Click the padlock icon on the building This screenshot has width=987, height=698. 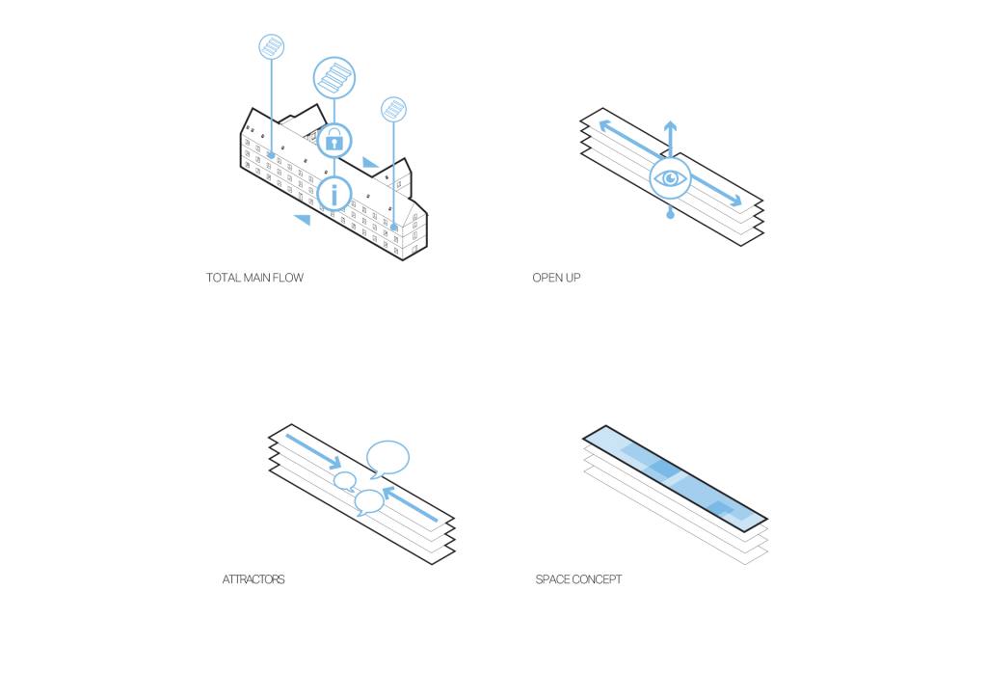pos(334,141)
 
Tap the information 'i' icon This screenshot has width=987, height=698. pos(334,194)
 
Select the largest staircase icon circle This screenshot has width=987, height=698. pos(334,78)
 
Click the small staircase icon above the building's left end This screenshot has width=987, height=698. pos(272,46)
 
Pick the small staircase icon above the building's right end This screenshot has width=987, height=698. pos(393,109)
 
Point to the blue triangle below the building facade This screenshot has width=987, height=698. pos(302,220)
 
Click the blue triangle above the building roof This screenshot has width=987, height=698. pos(370,162)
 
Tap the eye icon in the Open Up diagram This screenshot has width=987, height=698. pos(671,178)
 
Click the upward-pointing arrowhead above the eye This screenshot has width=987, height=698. pos(670,126)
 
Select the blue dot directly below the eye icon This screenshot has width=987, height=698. pos(671,215)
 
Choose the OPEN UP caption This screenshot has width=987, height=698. pos(556,278)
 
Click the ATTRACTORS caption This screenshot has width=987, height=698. pos(253,579)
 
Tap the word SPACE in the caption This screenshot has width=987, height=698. pos(552,579)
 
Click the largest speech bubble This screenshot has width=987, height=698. pos(388,457)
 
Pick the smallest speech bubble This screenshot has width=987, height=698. pos(344,481)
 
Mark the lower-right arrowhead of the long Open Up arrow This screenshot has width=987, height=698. pos(736,201)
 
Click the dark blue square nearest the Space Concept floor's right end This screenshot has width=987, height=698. pos(720,507)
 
